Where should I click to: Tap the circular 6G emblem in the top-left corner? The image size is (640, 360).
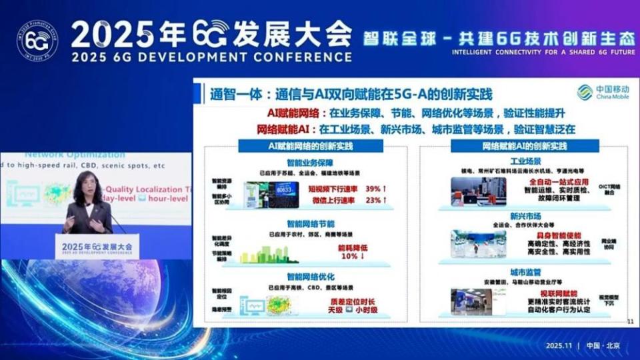coord(37,41)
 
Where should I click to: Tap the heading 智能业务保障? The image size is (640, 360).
coord(310,162)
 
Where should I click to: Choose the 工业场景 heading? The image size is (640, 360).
coord(525,162)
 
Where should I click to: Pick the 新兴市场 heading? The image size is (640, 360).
coord(525,216)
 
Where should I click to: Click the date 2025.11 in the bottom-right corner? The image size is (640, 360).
coord(559,345)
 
